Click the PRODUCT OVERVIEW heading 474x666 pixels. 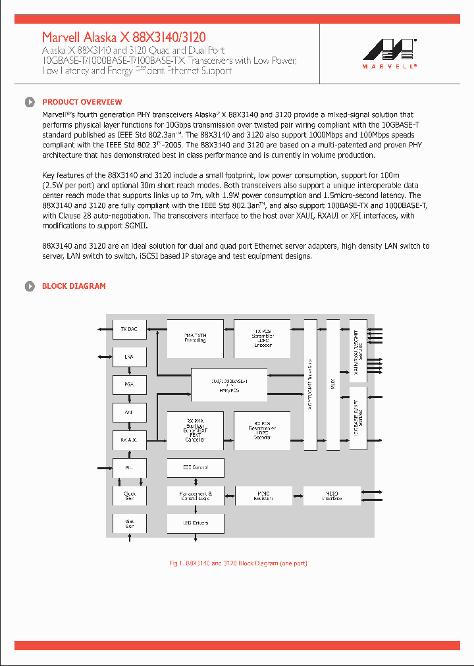82,102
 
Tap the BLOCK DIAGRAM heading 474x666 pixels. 74,286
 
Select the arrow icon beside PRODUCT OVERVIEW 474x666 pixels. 30,102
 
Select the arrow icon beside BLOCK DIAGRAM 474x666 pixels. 30,286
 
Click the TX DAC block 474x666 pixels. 129,329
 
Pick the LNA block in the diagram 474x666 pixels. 129,357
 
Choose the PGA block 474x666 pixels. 129,384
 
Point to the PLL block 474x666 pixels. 129,468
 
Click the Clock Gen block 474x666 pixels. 129,496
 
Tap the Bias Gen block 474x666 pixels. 129,524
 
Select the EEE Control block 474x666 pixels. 196,468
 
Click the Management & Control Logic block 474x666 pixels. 196,496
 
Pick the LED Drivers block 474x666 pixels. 196,524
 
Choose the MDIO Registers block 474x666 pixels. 263,496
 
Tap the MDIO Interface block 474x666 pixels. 332,496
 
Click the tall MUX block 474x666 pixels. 332,384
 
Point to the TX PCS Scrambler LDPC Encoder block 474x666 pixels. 263,338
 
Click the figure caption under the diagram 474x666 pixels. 238,563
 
